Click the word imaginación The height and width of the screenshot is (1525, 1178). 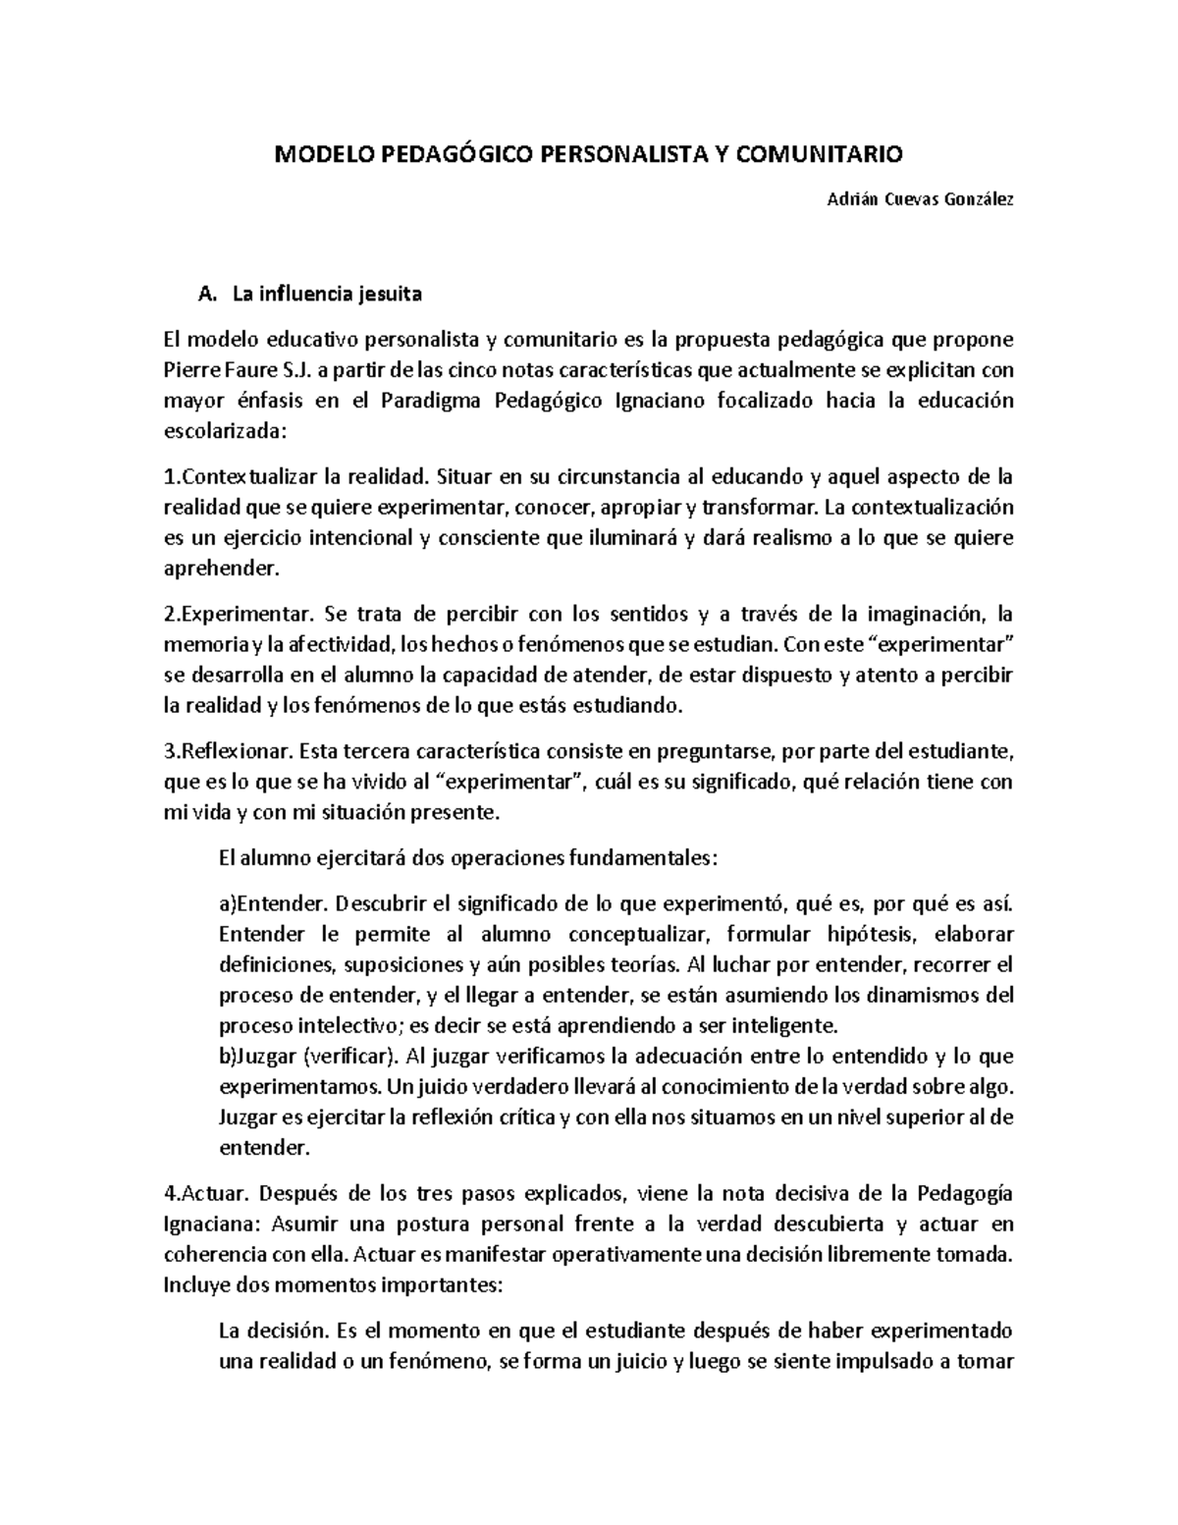923,615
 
